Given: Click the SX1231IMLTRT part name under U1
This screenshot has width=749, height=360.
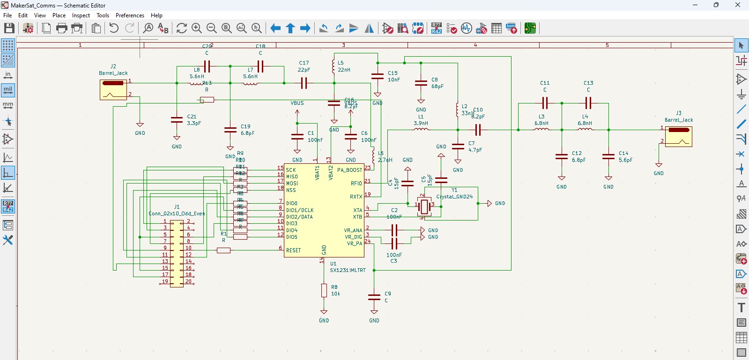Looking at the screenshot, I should [x=348, y=271].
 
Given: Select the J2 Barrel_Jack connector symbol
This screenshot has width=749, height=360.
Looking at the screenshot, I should [x=113, y=89].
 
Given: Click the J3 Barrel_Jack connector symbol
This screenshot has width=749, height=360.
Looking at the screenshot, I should [x=678, y=137].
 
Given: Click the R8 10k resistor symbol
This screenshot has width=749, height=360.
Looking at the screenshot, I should [x=324, y=290].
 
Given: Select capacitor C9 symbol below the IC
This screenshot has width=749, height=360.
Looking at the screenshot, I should [x=374, y=297].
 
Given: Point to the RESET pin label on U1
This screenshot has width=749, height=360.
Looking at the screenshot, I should [x=294, y=250].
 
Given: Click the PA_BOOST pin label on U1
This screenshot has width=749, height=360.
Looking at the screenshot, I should [x=349, y=170].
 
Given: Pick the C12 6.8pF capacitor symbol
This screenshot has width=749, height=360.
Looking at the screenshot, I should [x=562, y=157].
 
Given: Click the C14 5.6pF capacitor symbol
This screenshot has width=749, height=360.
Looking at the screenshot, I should [x=608, y=157].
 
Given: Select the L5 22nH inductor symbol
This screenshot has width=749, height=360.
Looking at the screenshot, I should [x=333, y=66].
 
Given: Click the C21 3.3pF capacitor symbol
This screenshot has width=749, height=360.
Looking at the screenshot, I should [x=177, y=120].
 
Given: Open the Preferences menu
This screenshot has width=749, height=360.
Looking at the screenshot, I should [x=130, y=15].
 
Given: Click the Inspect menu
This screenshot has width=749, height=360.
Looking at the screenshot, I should [x=81, y=15].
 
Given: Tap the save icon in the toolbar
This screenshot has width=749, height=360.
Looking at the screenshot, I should [x=9, y=28].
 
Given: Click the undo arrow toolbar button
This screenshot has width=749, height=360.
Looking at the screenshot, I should [x=113, y=28].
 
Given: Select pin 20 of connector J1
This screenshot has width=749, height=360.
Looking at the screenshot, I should [x=188, y=282].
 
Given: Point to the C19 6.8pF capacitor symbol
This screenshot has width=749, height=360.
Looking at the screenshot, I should [x=230, y=130].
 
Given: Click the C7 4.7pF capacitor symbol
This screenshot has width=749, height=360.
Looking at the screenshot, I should [x=458, y=147].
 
